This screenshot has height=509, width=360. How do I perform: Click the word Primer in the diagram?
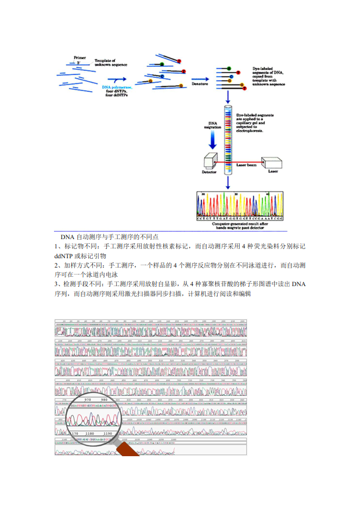click(80, 57)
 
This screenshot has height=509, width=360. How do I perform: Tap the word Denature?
click(200, 84)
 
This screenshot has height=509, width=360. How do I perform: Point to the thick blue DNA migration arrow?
click(214, 139)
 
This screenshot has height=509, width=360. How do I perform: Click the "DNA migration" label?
click(214, 125)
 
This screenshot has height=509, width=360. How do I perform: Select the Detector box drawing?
click(210, 161)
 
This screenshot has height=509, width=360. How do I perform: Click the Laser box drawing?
click(272, 164)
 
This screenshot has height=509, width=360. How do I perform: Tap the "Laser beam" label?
click(247, 165)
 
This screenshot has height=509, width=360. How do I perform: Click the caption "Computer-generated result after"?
click(240, 223)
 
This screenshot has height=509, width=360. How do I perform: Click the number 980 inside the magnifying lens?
click(105, 399)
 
